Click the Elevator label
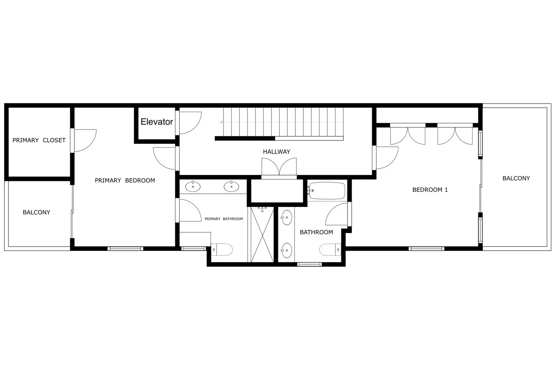click(x=157, y=122)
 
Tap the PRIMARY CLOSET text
click(x=39, y=140)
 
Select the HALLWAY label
click(x=276, y=152)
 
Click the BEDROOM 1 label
click(x=430, y=190)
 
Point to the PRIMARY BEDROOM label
click(x=125, y=180)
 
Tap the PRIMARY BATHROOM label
click(x=223, y=219)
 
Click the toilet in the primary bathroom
click(x=222, y=249)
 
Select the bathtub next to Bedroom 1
click(x=327, y=191)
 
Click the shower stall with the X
click(x=262, y=234)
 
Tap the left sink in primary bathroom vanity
click(x=193, y=187)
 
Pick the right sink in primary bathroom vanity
click(x=231, y=187)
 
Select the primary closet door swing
click(x=84, y=140)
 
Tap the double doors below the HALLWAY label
click(x=279, y=167)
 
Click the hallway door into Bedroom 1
click(x=386, y=158)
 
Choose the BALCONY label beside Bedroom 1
click(x=516, y=178)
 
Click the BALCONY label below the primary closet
click(x=36, y=212)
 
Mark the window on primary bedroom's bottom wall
click(x=125, y=249)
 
